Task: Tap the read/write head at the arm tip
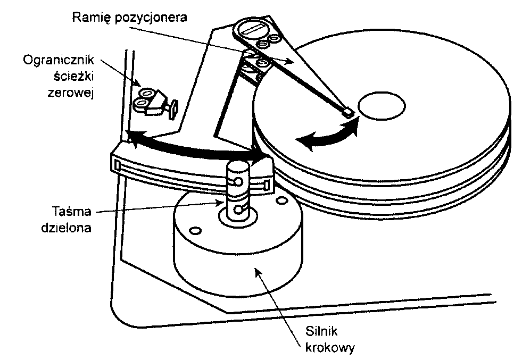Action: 347,112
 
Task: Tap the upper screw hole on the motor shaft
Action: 238,181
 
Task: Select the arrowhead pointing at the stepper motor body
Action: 258,272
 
